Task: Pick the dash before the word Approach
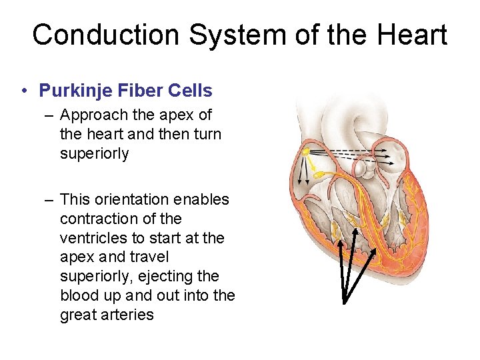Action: click(50, 115)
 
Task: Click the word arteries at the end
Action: click(127, 314)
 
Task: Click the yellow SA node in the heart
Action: click(306, 152)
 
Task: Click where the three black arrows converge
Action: click(344, 302)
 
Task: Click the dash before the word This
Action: click(50, 199)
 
